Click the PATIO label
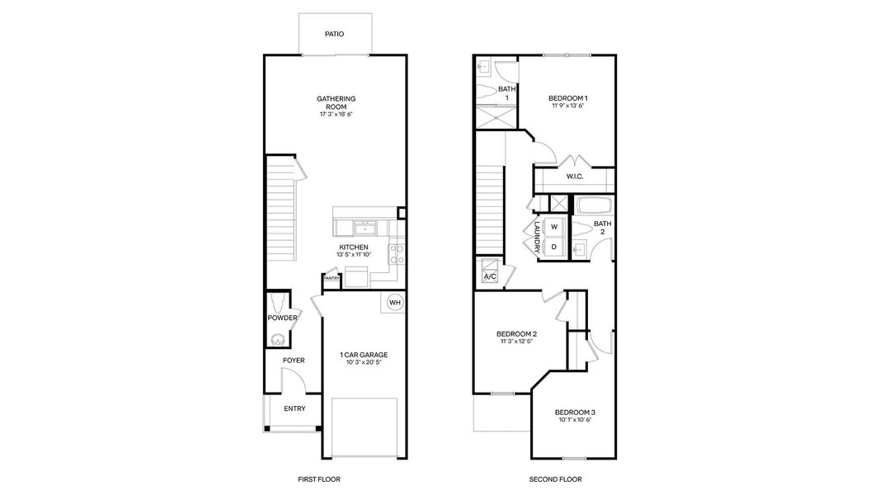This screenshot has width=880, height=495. pyautogui.click(x=334, y=35)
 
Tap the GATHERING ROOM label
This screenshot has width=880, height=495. pyautogui.click(x=336, y=102)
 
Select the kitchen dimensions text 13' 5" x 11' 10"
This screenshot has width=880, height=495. pyautogui.click(x=353, y=255)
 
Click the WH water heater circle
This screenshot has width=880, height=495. pyautogui.click(x=394, y=302)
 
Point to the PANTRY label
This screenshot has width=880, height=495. pyautogui.click(x=332, y=279)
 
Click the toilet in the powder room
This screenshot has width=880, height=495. pyautogui.click(x=276, y=301)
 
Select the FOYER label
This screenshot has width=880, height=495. pyautogui.click(x=294, y=361)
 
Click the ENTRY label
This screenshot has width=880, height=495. pyautogui.click(x=294, y=408)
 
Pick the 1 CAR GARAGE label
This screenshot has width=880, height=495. pyautogui.click(x=364, y=355)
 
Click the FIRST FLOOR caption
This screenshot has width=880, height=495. pyautogui.click(x=318, y=479)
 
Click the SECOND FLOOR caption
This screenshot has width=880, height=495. pyautogui.click(x=555, y=479)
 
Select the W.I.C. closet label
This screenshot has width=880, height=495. pyautogui.click(x=575, y=177)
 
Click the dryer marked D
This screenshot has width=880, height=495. pyautogui.click(x=554, y=247)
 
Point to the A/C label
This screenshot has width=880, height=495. pyautogui.click(x=489, y=276)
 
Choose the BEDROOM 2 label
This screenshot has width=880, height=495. pyautogui.click(x=516, y=334)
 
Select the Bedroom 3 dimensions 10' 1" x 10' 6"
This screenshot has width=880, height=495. pyautogui.click(x=573, y=420)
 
